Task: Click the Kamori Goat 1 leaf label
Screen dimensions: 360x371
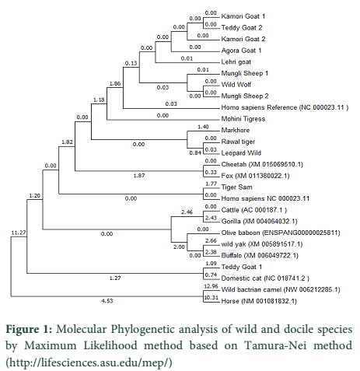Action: tap(243, 16)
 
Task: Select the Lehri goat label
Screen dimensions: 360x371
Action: tap(236, 62)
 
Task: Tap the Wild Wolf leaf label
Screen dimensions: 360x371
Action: tap(236, 85)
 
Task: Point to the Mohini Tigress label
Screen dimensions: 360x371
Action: tap(243, 119)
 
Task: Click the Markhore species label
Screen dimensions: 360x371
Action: tap(236, 130)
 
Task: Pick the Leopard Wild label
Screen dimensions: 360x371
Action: tap(241, 153)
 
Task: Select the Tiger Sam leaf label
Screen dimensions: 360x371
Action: tap(236, 187)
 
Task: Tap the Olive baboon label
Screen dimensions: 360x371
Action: tap(281, 233)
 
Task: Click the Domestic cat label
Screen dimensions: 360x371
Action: tap(265, 278)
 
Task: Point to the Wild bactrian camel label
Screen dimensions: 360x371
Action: tap(281, 289)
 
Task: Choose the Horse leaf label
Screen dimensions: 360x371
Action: tap(259, 301)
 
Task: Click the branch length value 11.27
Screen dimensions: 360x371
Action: tap(19, 233)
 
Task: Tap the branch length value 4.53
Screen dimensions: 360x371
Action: tap(107, 301)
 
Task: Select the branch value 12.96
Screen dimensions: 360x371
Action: tap(211, 286)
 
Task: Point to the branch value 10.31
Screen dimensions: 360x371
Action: tap(211, 297)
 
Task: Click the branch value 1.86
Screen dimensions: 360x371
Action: tap(115, 83)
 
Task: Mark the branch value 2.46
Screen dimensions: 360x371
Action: tap(187, 212)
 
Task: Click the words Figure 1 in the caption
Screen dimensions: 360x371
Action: tap(29, 330)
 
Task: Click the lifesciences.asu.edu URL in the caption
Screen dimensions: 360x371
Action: tap(89, 362)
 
